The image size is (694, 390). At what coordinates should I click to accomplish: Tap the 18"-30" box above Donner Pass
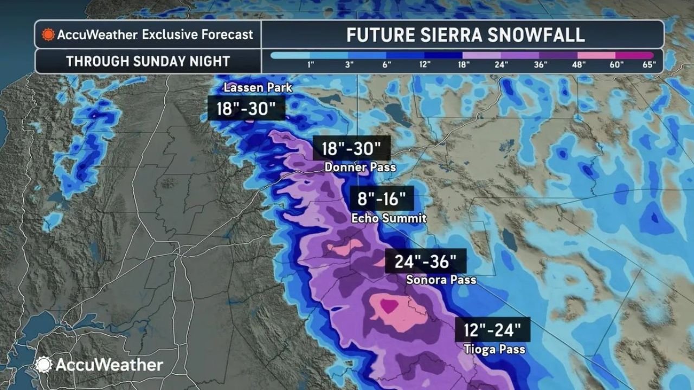351,148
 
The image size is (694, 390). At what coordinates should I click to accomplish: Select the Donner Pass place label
360,168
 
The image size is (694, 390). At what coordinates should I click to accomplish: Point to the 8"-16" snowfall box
382,199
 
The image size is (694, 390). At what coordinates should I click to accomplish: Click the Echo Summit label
389,219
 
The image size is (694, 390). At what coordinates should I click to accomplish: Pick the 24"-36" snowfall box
426,262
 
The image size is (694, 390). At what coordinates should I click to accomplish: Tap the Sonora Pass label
441,280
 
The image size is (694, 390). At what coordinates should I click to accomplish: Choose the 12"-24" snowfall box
492,329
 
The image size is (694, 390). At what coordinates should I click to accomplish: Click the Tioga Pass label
494,349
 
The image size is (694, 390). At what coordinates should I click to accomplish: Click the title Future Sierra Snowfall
465,35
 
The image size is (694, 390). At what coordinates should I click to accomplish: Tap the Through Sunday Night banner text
148,61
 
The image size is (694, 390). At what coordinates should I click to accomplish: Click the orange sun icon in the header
49,35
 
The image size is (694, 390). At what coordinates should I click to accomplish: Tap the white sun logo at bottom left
43,365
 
